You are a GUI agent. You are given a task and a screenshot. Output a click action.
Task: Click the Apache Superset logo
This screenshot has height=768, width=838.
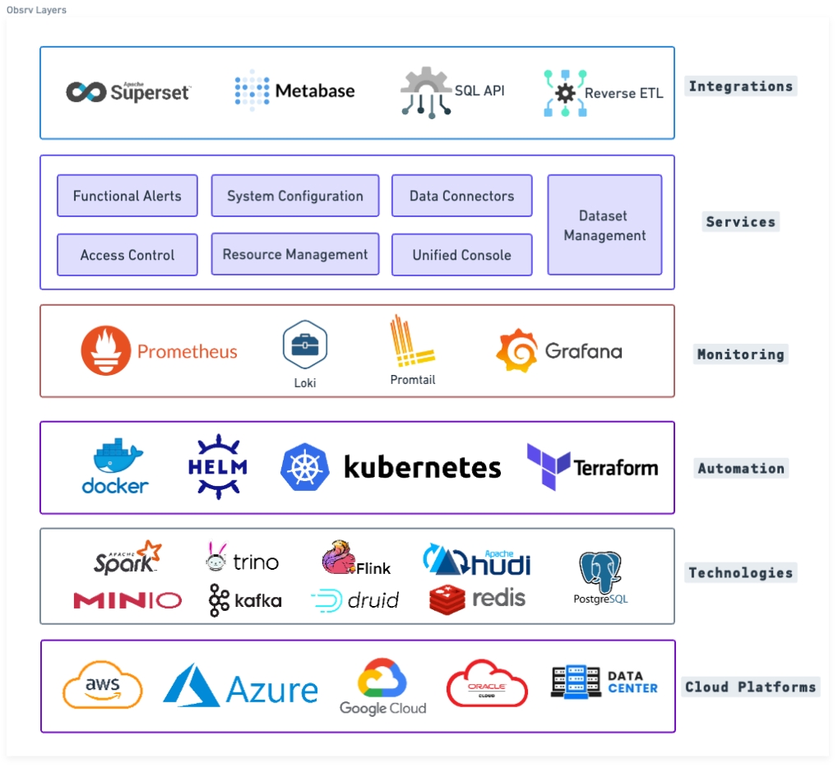pos(128,92)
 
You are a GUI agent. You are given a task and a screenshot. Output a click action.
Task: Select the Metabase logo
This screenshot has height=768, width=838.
pos(294,90)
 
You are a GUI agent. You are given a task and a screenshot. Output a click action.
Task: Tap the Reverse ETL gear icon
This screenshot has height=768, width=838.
pos(565,93)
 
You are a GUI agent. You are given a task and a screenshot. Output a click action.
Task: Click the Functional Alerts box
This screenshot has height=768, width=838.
pos(127,196)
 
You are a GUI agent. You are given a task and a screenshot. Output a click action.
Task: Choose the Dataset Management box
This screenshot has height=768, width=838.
pos(604,225)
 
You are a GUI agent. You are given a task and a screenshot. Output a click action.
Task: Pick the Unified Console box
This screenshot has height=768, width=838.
pos(461,255)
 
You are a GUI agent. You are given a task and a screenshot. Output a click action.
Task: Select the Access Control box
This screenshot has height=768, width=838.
pos(127,255)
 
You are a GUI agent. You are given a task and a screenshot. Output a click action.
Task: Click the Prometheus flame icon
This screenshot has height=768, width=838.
pos(106,351)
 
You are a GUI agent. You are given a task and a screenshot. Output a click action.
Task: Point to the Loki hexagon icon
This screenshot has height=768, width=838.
pos(305,345)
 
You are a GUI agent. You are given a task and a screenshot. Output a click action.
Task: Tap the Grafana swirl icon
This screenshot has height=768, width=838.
pos(516,351)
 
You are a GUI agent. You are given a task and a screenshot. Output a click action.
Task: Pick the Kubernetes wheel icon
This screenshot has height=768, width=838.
pos(304,468)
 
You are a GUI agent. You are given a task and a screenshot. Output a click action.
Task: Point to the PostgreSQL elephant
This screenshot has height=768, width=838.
pos(600,572)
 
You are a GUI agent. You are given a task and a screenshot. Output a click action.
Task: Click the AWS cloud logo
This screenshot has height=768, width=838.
pos(103,686)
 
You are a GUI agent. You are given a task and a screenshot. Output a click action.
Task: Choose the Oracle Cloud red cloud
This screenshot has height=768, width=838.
pos(487,683)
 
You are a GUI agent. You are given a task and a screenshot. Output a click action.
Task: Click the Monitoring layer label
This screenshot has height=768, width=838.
pos(740,355)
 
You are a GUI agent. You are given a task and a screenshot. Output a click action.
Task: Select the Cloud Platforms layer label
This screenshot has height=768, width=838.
pos(750,687)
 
